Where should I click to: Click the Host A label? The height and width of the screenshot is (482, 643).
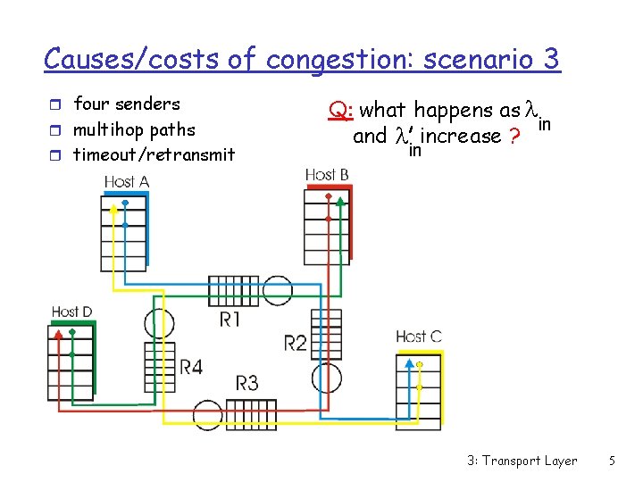pos(126,181)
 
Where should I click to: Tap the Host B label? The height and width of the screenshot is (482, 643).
pos(326,174)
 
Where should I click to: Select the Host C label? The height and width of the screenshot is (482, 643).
pos(418,337)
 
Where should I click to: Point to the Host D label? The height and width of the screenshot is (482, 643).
pos(71,312)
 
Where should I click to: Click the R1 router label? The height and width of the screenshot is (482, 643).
pos(230,319)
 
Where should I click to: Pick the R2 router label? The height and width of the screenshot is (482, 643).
pos(295,342)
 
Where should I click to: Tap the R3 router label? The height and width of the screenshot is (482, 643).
pos(247,383)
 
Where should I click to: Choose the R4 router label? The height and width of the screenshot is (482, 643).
pos(191,366)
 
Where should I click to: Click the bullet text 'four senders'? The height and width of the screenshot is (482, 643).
pos(126,104)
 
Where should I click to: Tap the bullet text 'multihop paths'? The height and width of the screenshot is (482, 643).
pos(134,129)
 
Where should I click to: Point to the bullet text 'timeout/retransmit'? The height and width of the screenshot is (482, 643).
pos(154,154)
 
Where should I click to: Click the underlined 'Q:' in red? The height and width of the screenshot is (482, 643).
pos(339,111)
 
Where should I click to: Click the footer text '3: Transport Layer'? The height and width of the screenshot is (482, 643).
pos(522,461)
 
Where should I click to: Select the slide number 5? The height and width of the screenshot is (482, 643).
pos(611,461)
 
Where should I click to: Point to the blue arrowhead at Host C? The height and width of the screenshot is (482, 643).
pos(409,363)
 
